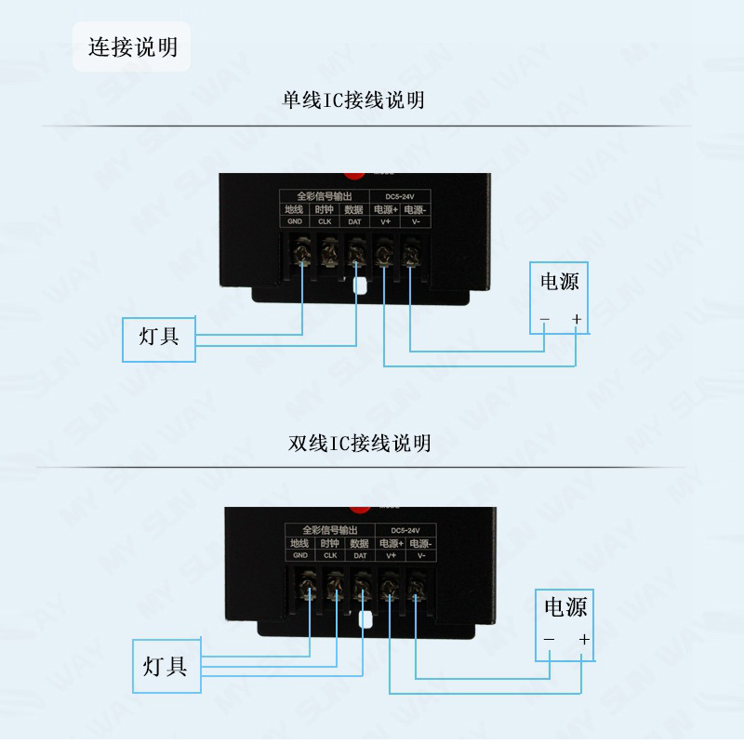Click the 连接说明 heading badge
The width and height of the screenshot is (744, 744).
(132, 46)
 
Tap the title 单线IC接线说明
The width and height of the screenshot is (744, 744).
(354, 100)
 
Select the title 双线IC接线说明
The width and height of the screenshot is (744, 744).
(360, 443)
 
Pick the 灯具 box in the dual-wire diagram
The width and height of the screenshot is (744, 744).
(166, 666)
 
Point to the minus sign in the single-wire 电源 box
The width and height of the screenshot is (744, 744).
(545, 321)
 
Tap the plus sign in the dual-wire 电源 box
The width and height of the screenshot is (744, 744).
(584, 640)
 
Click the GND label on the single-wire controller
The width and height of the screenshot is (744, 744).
(295, 221)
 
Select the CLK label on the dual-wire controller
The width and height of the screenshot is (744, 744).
(329, 555)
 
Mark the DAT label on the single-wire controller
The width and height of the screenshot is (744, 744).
(354, 221)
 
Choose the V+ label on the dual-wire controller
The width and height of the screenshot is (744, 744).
(391, 555)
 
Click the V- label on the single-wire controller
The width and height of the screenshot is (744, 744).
(414, 221)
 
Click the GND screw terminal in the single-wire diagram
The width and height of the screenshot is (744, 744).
(302, 252)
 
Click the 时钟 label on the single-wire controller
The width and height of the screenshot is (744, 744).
(325, 209)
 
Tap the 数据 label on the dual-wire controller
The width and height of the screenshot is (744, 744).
(359, 543)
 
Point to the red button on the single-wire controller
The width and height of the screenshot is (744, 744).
(354, 173)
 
